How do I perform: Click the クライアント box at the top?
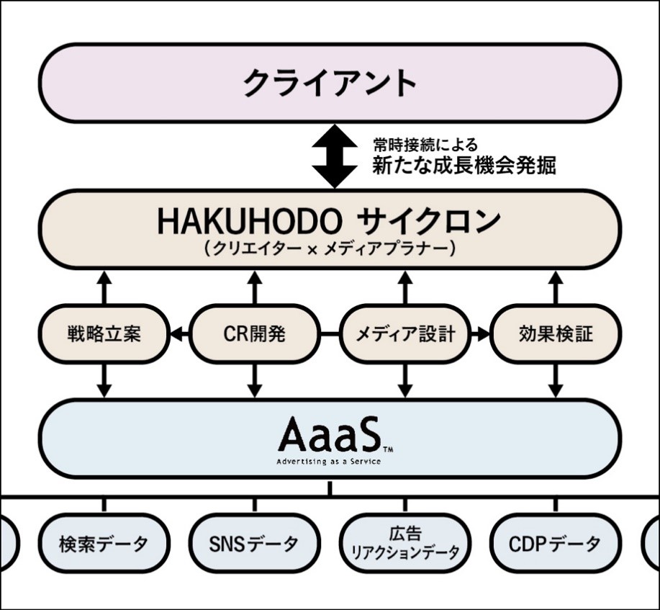point(330,83)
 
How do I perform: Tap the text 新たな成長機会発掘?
point(464,166)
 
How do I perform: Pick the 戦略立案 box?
point(104,333)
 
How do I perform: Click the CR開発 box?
point(254,333)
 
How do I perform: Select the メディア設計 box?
point(405,333)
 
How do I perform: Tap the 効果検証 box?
point(556,333)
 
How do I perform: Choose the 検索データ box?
point(104,543)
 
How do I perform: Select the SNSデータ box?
point(254,543)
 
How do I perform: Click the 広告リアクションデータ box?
point(405,543)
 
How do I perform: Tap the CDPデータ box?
point(556,543)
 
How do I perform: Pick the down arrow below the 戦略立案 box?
point(104,380)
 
